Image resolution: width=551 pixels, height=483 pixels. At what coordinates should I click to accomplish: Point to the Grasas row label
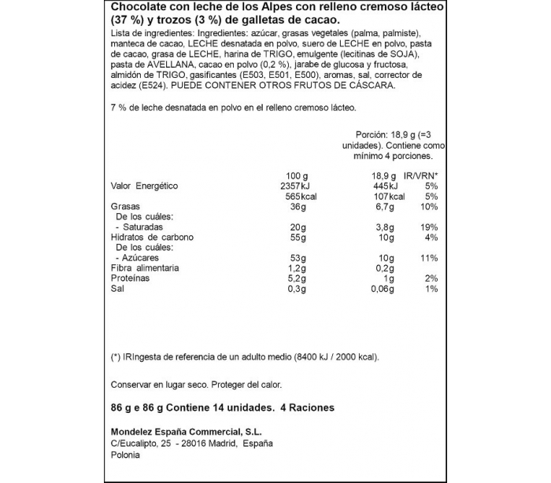126,206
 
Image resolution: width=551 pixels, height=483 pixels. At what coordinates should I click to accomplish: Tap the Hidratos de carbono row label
152,237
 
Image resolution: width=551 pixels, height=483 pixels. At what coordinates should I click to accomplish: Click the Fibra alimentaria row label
145,267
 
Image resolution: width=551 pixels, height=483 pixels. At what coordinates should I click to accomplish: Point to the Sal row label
118,289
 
